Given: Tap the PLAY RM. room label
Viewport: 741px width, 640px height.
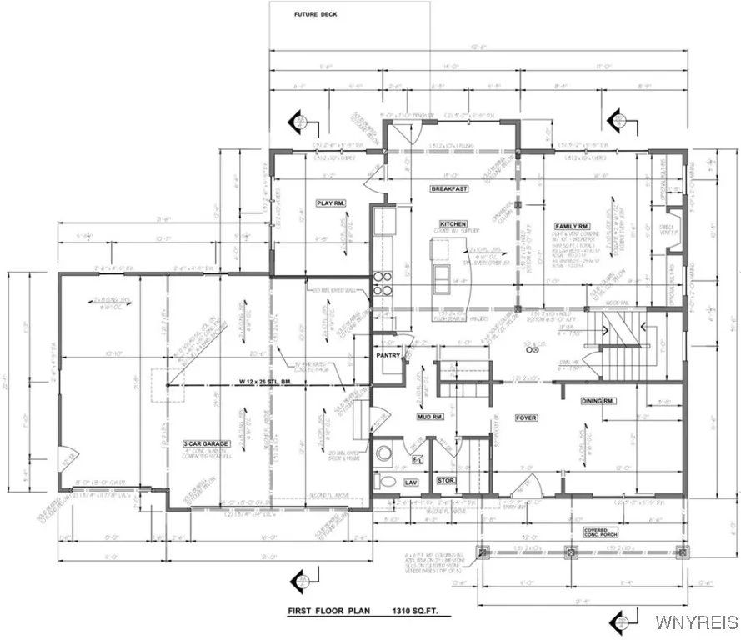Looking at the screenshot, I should [330, 202].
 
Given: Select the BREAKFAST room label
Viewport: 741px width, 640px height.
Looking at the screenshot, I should [449, 189].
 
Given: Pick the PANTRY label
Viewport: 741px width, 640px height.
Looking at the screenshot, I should [388, 356].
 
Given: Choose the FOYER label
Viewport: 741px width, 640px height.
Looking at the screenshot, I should [526, 417].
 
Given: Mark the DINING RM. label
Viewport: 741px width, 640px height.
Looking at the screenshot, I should [598, 402].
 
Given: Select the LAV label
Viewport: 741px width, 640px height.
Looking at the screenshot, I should [410, 482].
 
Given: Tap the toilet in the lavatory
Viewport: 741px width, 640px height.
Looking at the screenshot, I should [384, 481].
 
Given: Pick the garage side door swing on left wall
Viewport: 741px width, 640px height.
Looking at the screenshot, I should [67, 457].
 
